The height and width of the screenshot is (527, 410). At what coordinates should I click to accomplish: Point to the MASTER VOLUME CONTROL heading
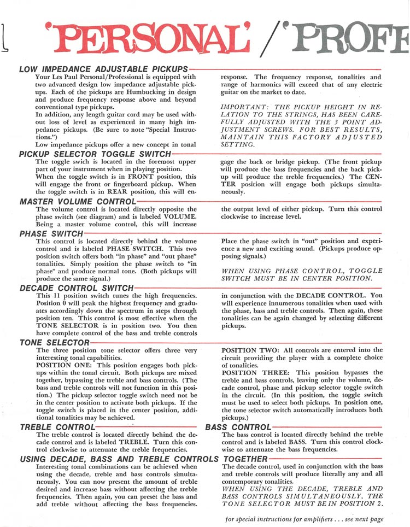[x=77, y=201]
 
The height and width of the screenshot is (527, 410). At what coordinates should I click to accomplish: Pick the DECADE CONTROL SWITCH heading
[x=77, y=288]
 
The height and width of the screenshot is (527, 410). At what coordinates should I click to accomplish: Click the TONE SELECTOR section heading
[x=55, y=342]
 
